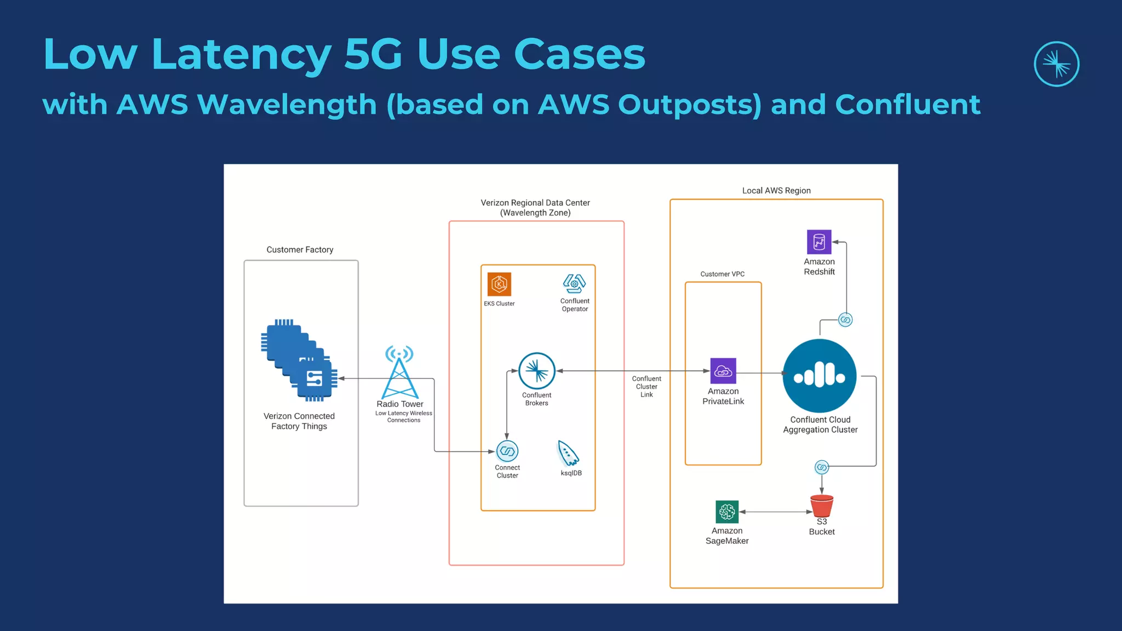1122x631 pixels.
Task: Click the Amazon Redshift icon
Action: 819,242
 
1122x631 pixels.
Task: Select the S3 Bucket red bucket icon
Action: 822,506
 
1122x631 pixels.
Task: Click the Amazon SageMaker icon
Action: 727,512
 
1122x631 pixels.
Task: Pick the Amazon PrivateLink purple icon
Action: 723,371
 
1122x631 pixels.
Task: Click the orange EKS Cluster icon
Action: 499,284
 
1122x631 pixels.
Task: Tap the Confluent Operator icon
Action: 574,284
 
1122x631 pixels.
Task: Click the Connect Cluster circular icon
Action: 507,451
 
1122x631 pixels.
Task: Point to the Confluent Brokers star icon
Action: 537,371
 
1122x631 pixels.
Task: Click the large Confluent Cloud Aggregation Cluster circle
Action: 820,376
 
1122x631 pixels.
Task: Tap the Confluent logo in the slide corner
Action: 1056,64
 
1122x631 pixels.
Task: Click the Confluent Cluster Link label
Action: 646,386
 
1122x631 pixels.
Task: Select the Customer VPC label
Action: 722,274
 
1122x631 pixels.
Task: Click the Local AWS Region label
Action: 776,191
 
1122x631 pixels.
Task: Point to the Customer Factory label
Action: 300,250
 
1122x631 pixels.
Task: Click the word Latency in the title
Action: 241,55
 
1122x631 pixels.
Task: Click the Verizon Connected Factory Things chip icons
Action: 299,360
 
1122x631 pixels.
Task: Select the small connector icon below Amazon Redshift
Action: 845,320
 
